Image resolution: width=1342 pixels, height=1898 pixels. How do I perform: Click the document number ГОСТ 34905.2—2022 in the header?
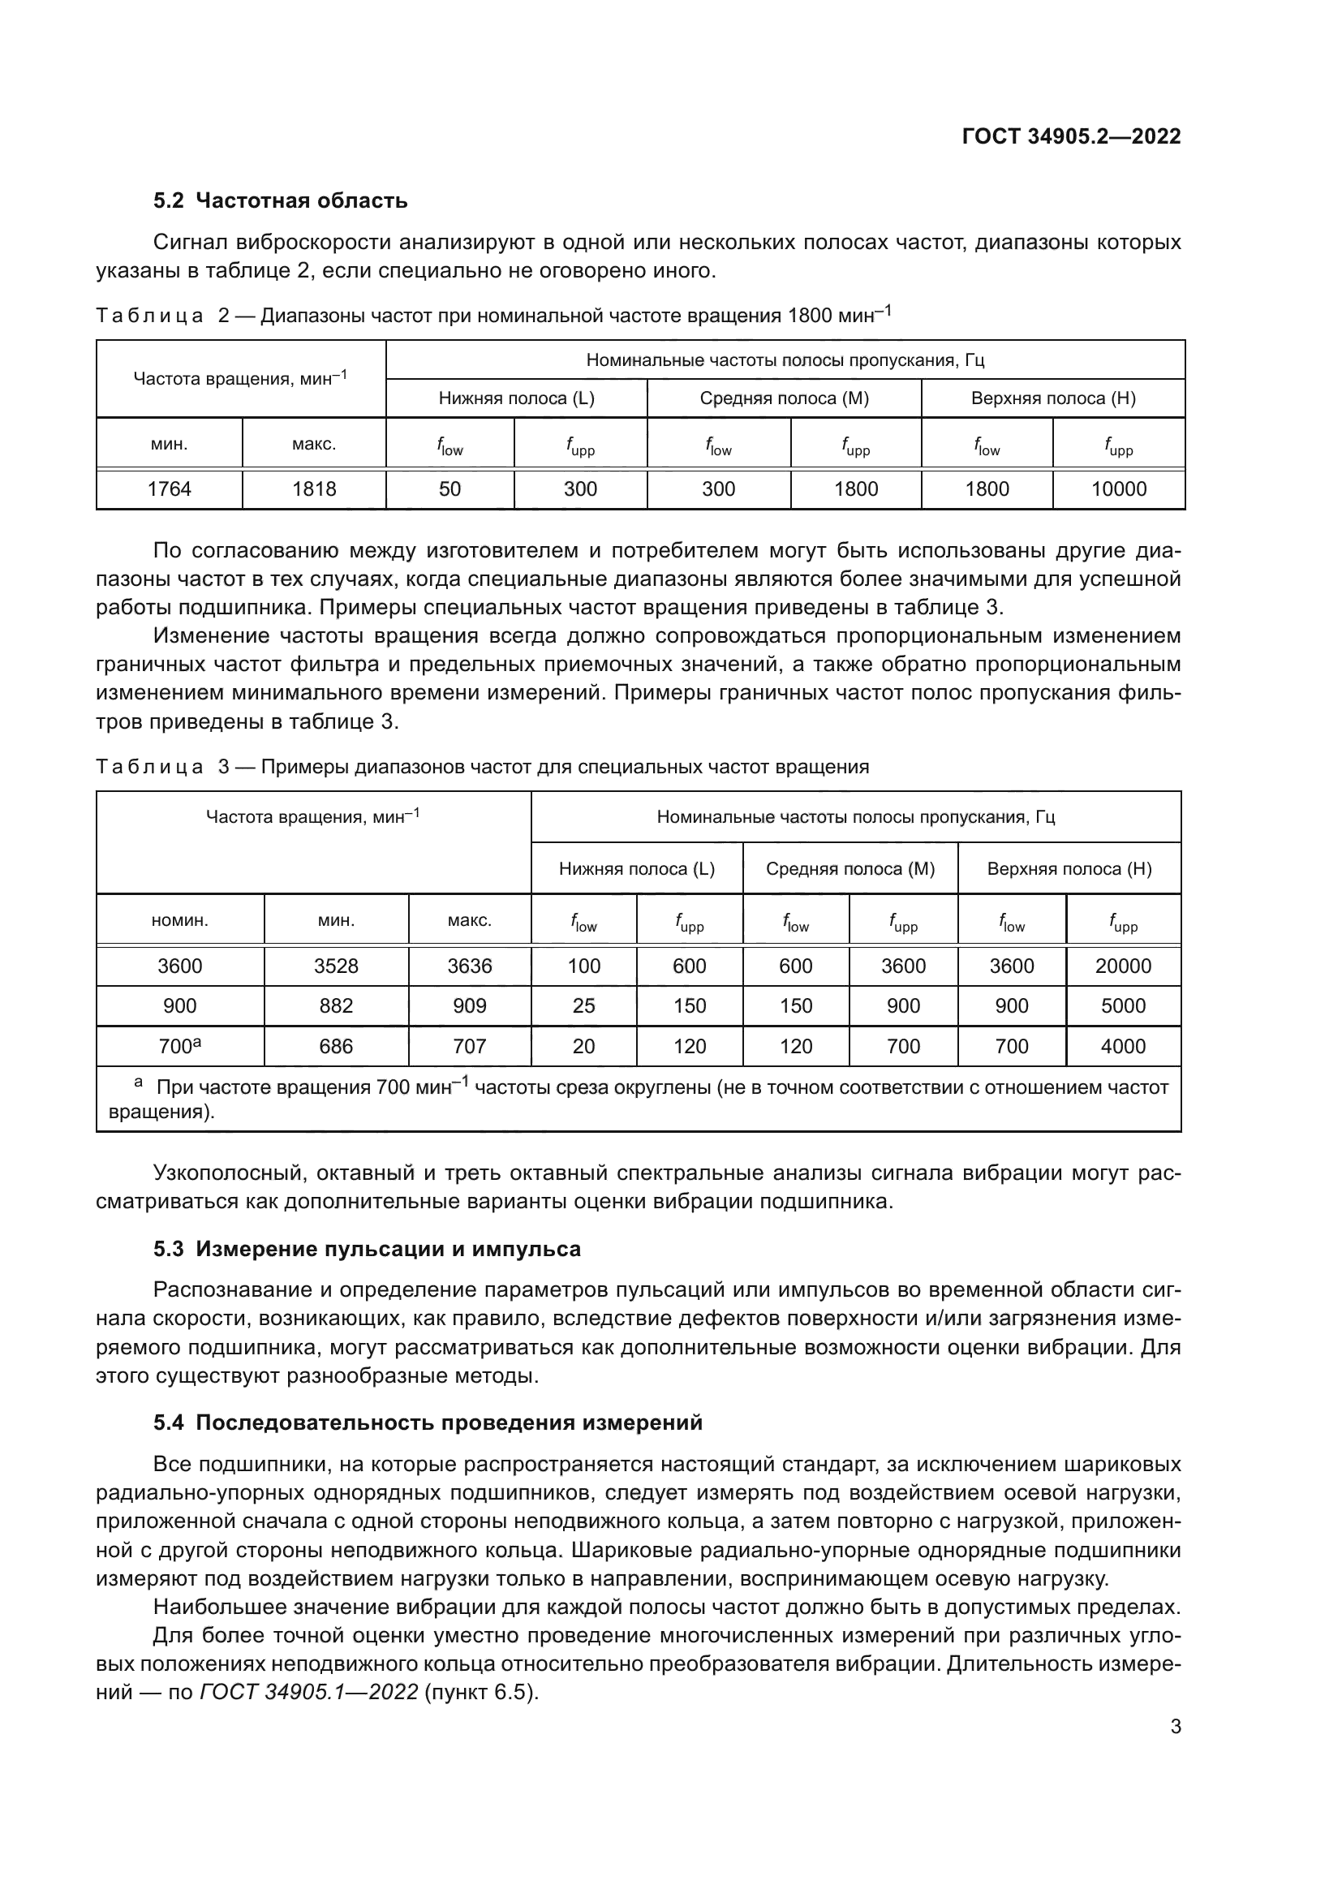[x=1071, y=136]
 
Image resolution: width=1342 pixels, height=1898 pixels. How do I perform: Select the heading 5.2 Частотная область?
[x=280, y=201]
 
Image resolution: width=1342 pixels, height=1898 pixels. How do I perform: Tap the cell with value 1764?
[x=170, y=489]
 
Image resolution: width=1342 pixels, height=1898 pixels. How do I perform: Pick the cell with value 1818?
[x=314, y=489]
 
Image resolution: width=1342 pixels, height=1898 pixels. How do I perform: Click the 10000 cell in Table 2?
[x=1118, y=489]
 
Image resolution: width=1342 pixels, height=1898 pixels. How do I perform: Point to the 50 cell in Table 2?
[x=449, y=489]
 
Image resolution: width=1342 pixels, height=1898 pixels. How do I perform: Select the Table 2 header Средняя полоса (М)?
[x=784, y=398]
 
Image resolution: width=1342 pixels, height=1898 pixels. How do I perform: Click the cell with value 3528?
[x=336, y=966]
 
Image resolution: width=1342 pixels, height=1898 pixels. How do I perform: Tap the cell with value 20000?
[x=1122, y=966]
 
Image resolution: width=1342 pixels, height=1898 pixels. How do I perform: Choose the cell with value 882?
[x=336, y=1006]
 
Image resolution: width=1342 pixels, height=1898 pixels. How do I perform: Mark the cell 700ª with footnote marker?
[x=180, y=1046]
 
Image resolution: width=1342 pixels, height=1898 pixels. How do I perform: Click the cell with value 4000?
[x=1122, y=1047]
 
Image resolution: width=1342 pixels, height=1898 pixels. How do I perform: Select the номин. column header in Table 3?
[x=180, y=920]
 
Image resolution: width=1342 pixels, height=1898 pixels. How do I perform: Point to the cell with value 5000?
[x=1122, y=1006]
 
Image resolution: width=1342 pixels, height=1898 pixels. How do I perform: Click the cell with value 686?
[x=336, y=1047]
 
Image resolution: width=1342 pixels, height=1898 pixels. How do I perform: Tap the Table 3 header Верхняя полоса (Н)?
[x=1069, y=869]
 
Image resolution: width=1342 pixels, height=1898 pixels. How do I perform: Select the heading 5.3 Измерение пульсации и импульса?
[x=367, y=1249]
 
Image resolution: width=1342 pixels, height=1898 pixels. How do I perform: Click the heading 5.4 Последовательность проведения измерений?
[x=428, y=1422]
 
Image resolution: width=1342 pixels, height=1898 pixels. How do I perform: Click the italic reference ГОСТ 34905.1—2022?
[x=308, y=1692]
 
